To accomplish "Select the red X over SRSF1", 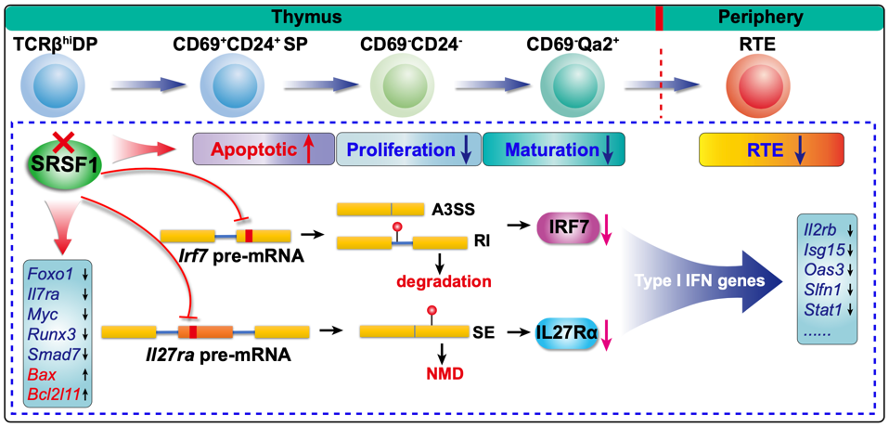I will click(x=64, y=142).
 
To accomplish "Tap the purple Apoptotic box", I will click(x=263, y=149).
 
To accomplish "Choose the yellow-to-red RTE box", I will click(x=770, y=149).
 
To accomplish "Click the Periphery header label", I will click(x=762, y=17).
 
